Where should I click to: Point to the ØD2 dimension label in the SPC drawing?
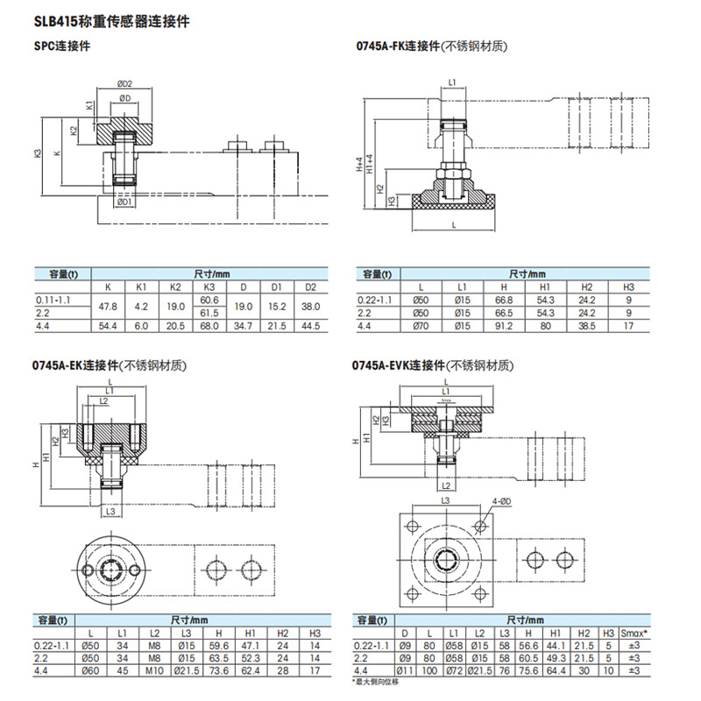[124, 84]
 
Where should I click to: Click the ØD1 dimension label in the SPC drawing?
[124, 202]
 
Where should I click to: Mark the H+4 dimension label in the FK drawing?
[359, 166]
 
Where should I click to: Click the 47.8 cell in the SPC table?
[108, 306]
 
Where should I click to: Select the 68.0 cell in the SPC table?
[209, 327]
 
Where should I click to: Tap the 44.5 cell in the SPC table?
[309, 327]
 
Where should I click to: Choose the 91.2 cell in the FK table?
[503, 327]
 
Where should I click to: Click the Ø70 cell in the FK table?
[421, 327]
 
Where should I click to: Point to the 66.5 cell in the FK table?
[503, 313]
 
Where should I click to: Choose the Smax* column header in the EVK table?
[634, 633]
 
